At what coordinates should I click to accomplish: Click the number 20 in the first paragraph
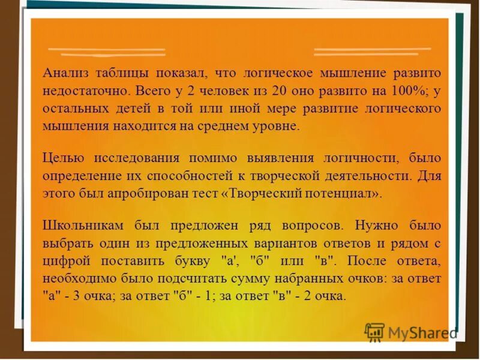[279, 91]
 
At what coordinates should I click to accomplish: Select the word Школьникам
[83, 226]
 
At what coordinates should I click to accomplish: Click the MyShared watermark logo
[410, 332]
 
